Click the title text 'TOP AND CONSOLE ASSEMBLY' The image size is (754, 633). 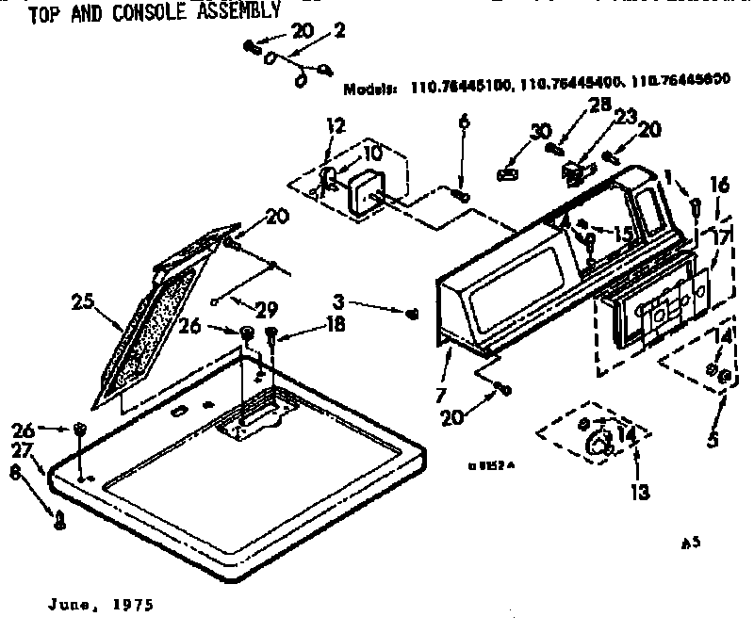pyautogui.click(x=155, y=13)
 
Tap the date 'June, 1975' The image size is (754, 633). pyautogui.click(x=97, y=604)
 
